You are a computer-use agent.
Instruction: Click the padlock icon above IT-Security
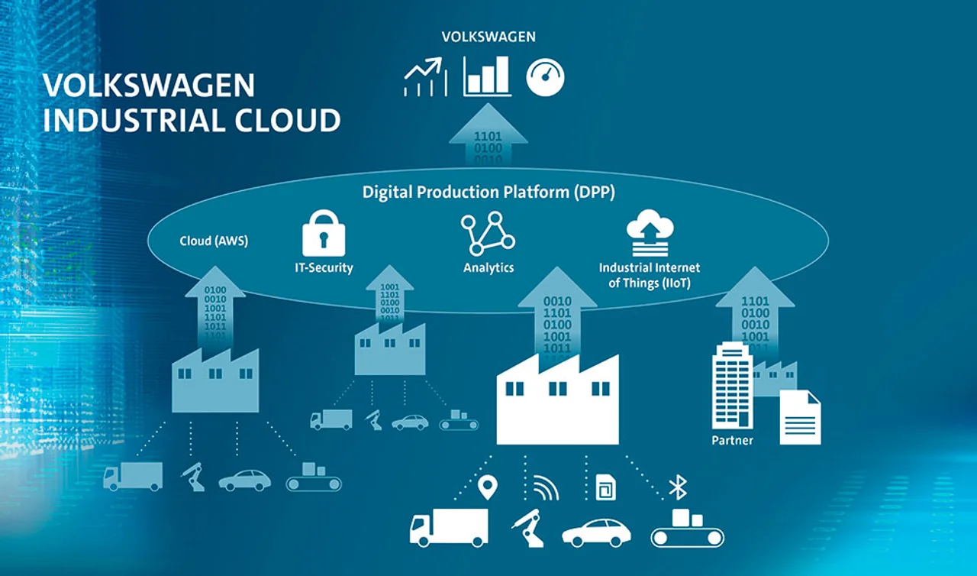click(324, 234)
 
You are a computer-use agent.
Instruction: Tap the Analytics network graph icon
click(488, 234)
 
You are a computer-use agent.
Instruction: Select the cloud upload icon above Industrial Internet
click(650, 232)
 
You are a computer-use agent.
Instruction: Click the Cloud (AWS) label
click(214, 241)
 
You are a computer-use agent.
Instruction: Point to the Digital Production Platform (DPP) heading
click(488, 192)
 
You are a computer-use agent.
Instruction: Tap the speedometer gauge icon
click(545, 77)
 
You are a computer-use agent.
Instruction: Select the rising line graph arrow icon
click(425, 77)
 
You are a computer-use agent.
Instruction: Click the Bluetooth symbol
click(678, 487)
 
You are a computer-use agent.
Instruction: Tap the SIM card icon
click(606, 487)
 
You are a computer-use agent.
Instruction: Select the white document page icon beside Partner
click(801, 418)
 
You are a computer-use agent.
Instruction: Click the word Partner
click(732, 440)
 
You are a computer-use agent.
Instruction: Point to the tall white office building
click(732, 385)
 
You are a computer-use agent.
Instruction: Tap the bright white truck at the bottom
click(449, 528)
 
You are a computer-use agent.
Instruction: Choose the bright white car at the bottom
click(596, 532)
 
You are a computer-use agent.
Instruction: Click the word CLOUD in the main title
click(288, 120)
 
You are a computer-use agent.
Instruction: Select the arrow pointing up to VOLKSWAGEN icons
click(488, 134)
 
